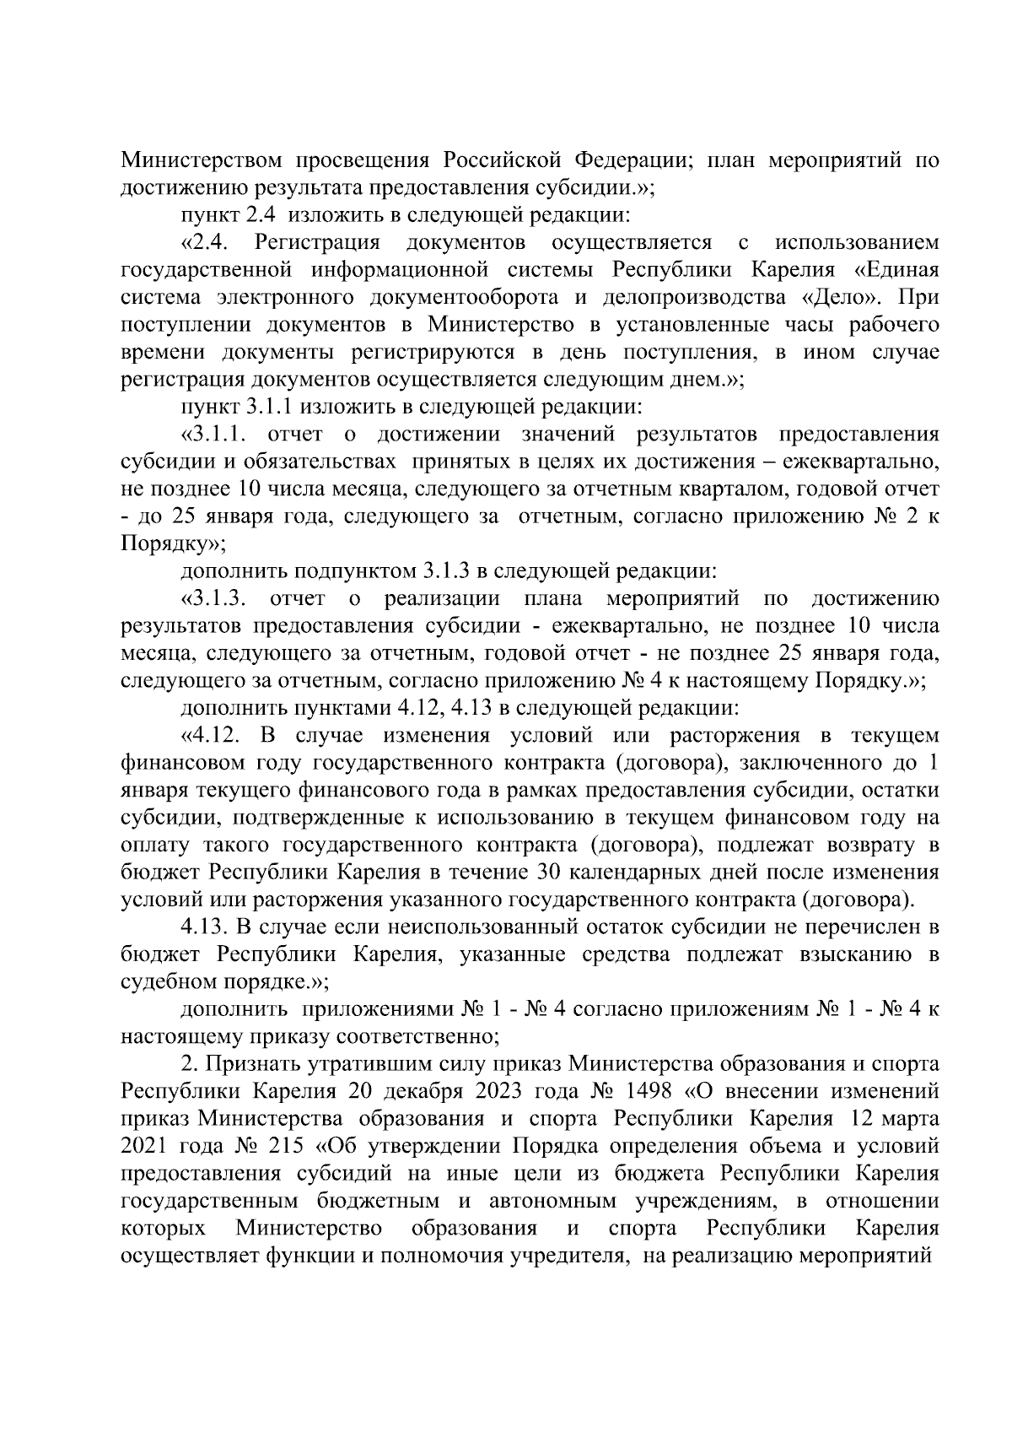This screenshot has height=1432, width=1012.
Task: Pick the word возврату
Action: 864,845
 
